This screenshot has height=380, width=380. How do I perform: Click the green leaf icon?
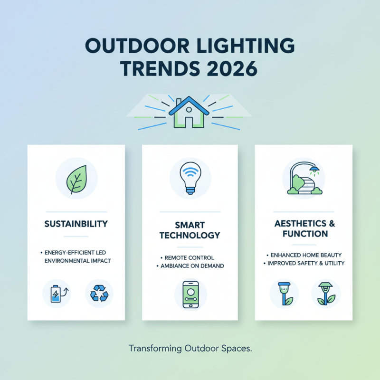point(76,178)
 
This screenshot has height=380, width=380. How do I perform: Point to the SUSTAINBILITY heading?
point(76,223)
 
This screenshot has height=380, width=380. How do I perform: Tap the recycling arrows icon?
point(99,293)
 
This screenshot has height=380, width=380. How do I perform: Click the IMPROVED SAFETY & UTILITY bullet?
point(304,263)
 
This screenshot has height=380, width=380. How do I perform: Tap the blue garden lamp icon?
point(284,293)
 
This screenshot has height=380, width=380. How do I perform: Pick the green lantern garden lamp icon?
point(326,293)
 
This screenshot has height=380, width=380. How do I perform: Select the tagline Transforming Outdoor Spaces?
point(190,349)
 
